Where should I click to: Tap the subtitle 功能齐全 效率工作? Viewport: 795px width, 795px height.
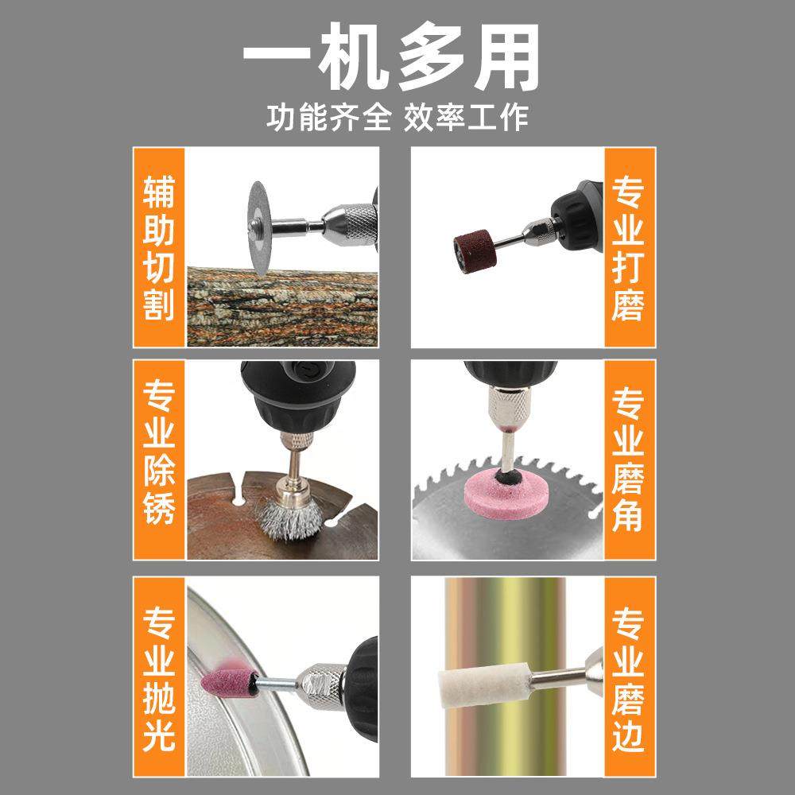point(397,118)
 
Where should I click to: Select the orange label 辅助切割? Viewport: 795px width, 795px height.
point(159,248)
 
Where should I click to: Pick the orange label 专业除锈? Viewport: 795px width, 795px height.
point(159,460)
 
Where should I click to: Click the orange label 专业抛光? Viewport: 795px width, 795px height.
point(159,677)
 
